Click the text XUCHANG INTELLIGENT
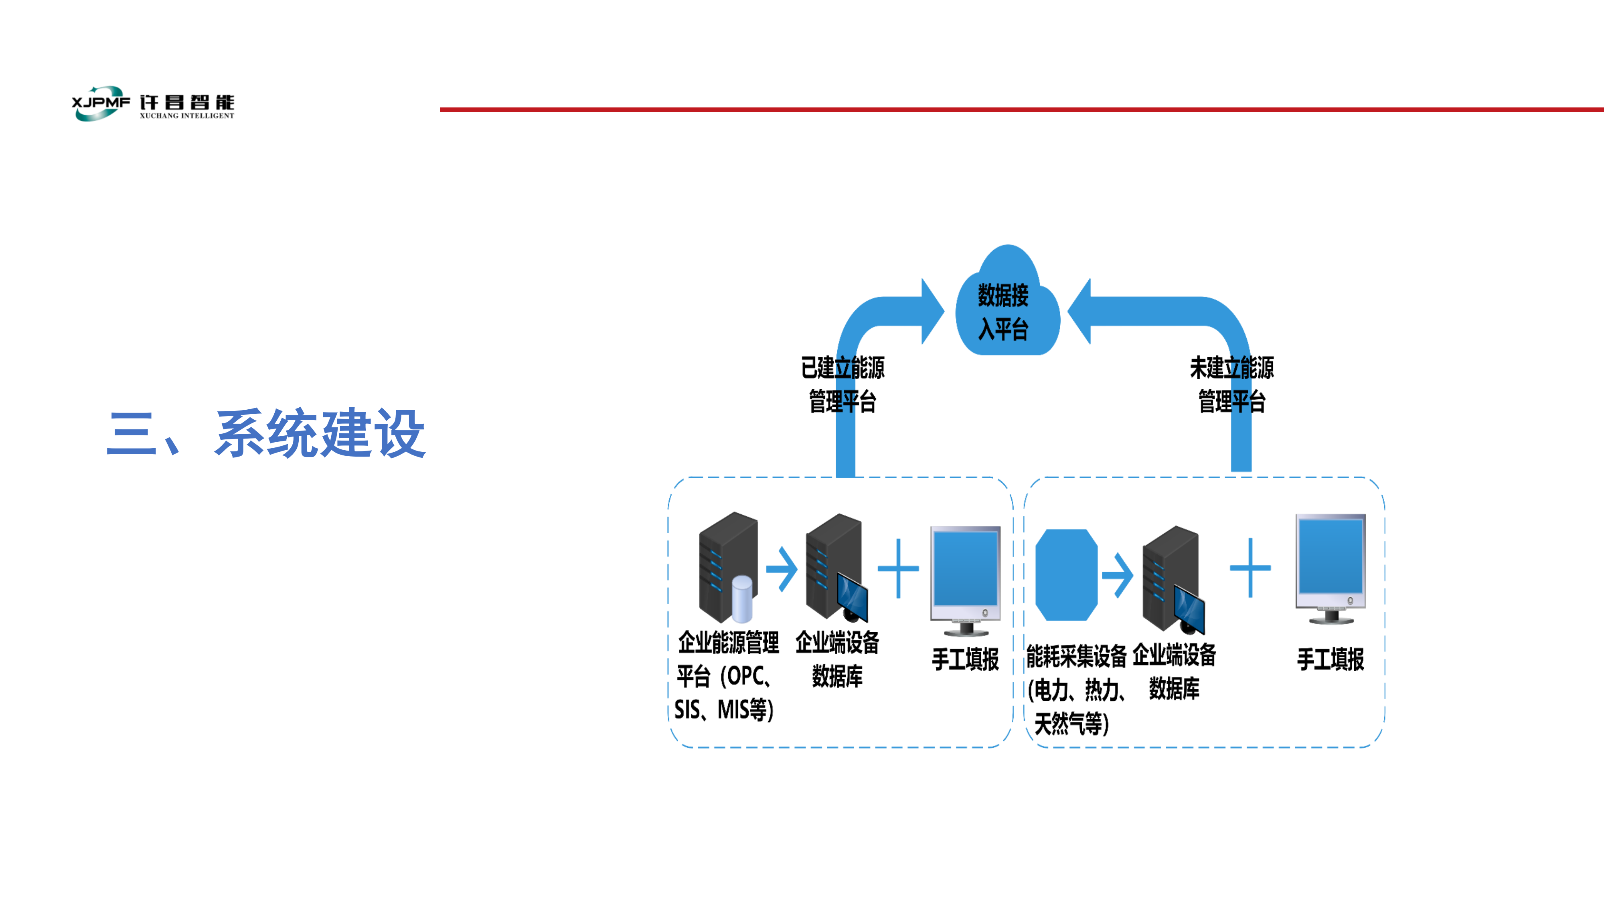point(187,116)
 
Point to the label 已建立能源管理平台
point(843,384)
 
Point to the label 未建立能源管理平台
point(1231,384)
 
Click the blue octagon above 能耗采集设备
point(1066,574)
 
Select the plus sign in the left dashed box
point(898,568)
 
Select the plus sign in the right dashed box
point(1250,568)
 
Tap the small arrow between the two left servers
point(782,568)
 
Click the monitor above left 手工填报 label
point(965,579)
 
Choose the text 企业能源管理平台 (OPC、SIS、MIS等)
point(727,676)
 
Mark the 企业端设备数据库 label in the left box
point(838,659)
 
